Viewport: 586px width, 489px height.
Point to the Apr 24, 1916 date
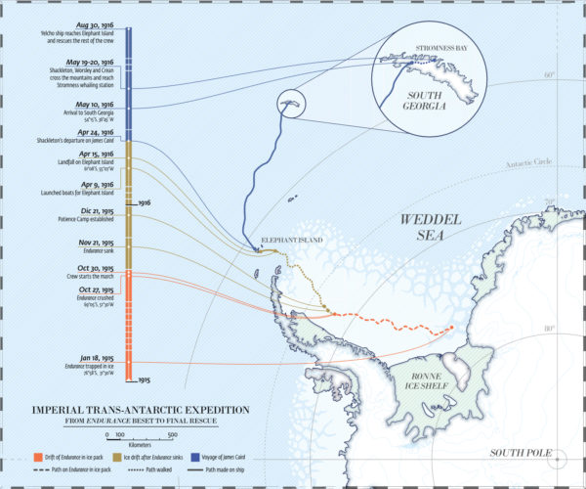100,131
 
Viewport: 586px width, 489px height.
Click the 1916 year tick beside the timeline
144,202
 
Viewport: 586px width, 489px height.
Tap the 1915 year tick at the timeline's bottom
143,378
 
